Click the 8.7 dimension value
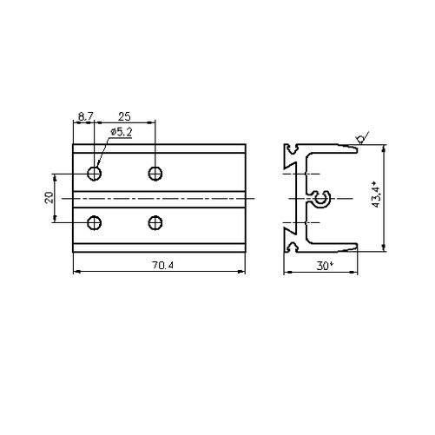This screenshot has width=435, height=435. (x=86, y=116)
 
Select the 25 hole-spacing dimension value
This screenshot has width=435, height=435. (x=124, y=116)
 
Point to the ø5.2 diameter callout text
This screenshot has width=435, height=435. (x=121, y=132)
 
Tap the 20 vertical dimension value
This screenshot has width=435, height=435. (x=49, y=198)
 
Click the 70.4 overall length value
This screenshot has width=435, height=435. (x=163, y=265)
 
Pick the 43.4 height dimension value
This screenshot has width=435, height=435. (x=376, y=194)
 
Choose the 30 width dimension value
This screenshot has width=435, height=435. (x=324, y=266)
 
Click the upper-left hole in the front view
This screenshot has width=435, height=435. (x=95, y=174)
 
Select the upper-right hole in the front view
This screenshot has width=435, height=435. (x=155, y=174)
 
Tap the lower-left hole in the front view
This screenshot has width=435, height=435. (x=95, y=223)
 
